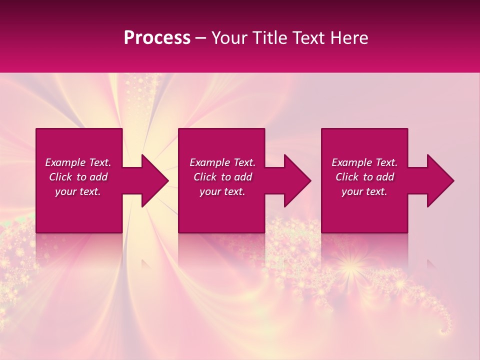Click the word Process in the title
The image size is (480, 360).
click(157, 38)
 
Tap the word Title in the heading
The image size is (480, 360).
click(268, 38)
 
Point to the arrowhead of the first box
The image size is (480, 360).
click(153, 180)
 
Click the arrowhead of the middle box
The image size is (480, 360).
click(295, 180)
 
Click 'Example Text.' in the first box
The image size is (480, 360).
click(78, 162)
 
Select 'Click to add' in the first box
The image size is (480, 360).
click(78, 177)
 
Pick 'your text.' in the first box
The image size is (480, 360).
click(78, 191)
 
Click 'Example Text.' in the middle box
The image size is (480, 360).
click(222, 162)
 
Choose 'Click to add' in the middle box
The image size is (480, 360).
click(222, 177)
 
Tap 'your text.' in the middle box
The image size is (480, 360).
click(222, 191)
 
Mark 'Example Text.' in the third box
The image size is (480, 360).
click(364, 162)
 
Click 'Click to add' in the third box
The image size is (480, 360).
click(364, 177)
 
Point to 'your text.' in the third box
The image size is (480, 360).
click(364, 191)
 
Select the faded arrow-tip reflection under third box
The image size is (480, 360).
click(430, 263)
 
